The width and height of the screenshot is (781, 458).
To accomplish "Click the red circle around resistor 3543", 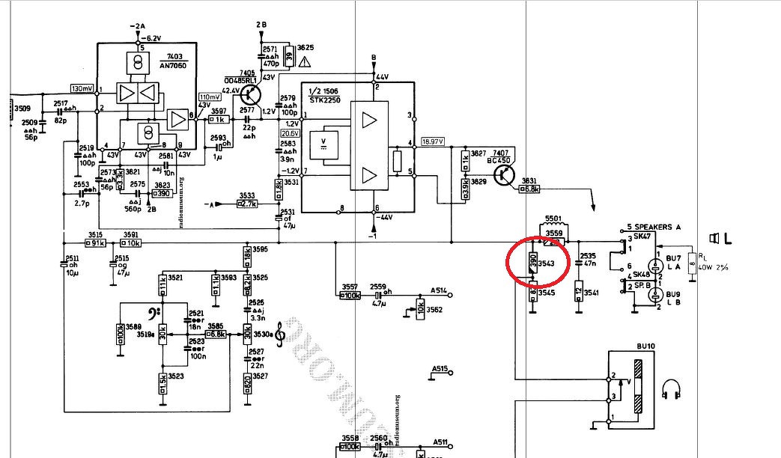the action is coord(538,261).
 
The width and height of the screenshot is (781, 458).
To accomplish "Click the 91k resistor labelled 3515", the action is coord(94,243).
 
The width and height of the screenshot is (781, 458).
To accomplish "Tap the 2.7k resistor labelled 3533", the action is coord(248,203).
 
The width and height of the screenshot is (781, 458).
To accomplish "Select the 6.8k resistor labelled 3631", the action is coord(530,189).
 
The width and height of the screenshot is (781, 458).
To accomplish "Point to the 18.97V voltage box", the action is coord(433,141).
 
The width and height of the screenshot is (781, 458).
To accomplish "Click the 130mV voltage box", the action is coord(82,88).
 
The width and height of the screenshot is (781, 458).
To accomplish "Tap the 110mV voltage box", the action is coord(210,97).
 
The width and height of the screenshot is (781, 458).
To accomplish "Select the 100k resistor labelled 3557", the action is coord(350,296).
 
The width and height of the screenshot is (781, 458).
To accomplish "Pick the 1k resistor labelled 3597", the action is coord(219,119).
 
